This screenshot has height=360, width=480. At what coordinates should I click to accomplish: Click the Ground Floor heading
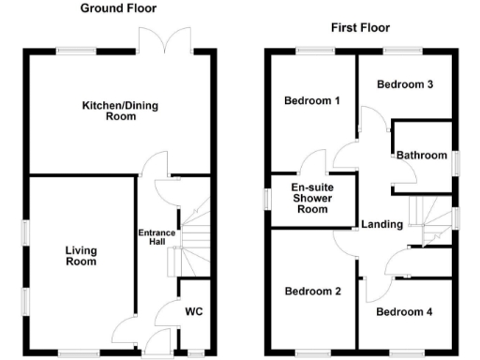pyautogui.click(x=118, y=8)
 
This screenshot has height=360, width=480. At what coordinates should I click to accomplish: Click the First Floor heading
pyautogui.click(x=360, y=27)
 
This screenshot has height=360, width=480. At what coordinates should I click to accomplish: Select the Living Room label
pyautogui.click(x=82, y=256)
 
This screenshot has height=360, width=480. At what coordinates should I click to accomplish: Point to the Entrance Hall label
pyautogui.click(x=157, y=237)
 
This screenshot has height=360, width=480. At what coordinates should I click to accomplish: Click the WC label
pyautogui.click(x=194, y=310)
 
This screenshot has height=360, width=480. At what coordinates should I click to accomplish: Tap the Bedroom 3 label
pyautogui.click(x=404, y=84)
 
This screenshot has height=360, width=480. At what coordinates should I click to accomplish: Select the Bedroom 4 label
pyautogui.click(x=404, y=311)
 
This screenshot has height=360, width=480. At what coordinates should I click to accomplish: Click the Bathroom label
pyautogui.click(x=421, y=155)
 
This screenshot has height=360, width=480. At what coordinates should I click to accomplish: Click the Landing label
pyautogui.click(x=382, y=224)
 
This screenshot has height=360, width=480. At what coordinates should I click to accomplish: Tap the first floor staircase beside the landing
pyautogui.click(x=430, y=223)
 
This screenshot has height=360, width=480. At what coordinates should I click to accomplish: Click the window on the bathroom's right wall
pyautogui.click(x=455, y=161)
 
